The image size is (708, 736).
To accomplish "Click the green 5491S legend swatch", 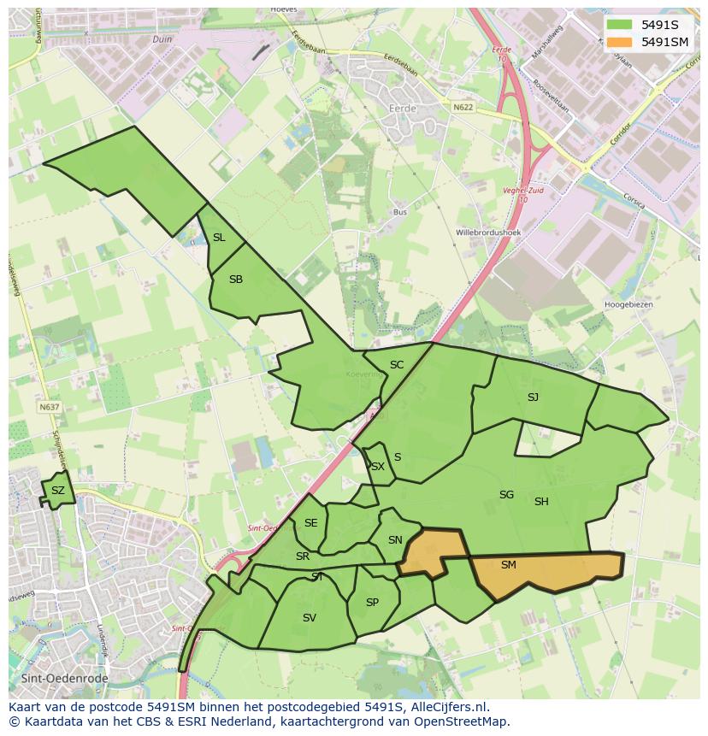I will click(x=620, y=25).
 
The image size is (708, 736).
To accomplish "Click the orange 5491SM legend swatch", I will click(x=620, y=41).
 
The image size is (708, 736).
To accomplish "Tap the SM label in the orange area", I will click(x=509, y=565).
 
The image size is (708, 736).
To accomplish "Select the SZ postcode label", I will click(x=58, y=491).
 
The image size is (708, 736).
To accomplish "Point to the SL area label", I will click(x=219, y=238).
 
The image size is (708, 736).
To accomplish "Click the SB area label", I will click(x=236, y=280).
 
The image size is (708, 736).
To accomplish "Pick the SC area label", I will click(x=397, y=365).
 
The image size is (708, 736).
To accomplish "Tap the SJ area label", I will click(x=533, y=397).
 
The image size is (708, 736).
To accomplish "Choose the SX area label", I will click(x=377, y=467).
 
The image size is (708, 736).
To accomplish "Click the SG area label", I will click(x=506, y=495).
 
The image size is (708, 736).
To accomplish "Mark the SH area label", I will click(x=541, y=502).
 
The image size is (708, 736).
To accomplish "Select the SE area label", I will click(x=310, y=523).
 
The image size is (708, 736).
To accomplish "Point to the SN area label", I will click(x=395, y=540).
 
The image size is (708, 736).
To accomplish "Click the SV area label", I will click(x=310, y=617).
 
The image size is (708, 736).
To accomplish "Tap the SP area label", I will click(x=372, y=603).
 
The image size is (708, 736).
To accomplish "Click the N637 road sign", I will click(x=50, y=407).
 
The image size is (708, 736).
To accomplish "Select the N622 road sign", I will click(x=463, y=107).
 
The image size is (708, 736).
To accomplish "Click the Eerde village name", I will click(x=402, y=109).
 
